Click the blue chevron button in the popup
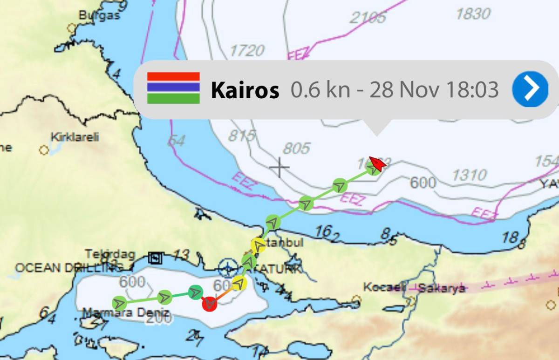pyautogui.click(x=530, y=89)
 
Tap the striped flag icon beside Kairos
pyautogui.click(x=173, y=88)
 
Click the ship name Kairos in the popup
pyautogui.click(x=245, y=90)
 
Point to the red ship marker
pyautogui.click(x=377, y=163)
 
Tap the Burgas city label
pyautogui.click(x=99, y=15)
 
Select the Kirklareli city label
pyautogui.click(x=75, y=138)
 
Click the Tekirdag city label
pyautogui.click(x=110, y=254)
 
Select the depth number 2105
pyautogui.click(x=368, y=18)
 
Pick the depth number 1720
pyautogui.click(x=247, y=50)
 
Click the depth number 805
pyautogui.click(x=296, y=149)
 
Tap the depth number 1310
pyautogui.click(x=470, y=175)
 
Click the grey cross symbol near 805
pyautogui.click(x=279, y=167)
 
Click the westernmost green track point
pyautogui.click(x=120, y=303)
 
